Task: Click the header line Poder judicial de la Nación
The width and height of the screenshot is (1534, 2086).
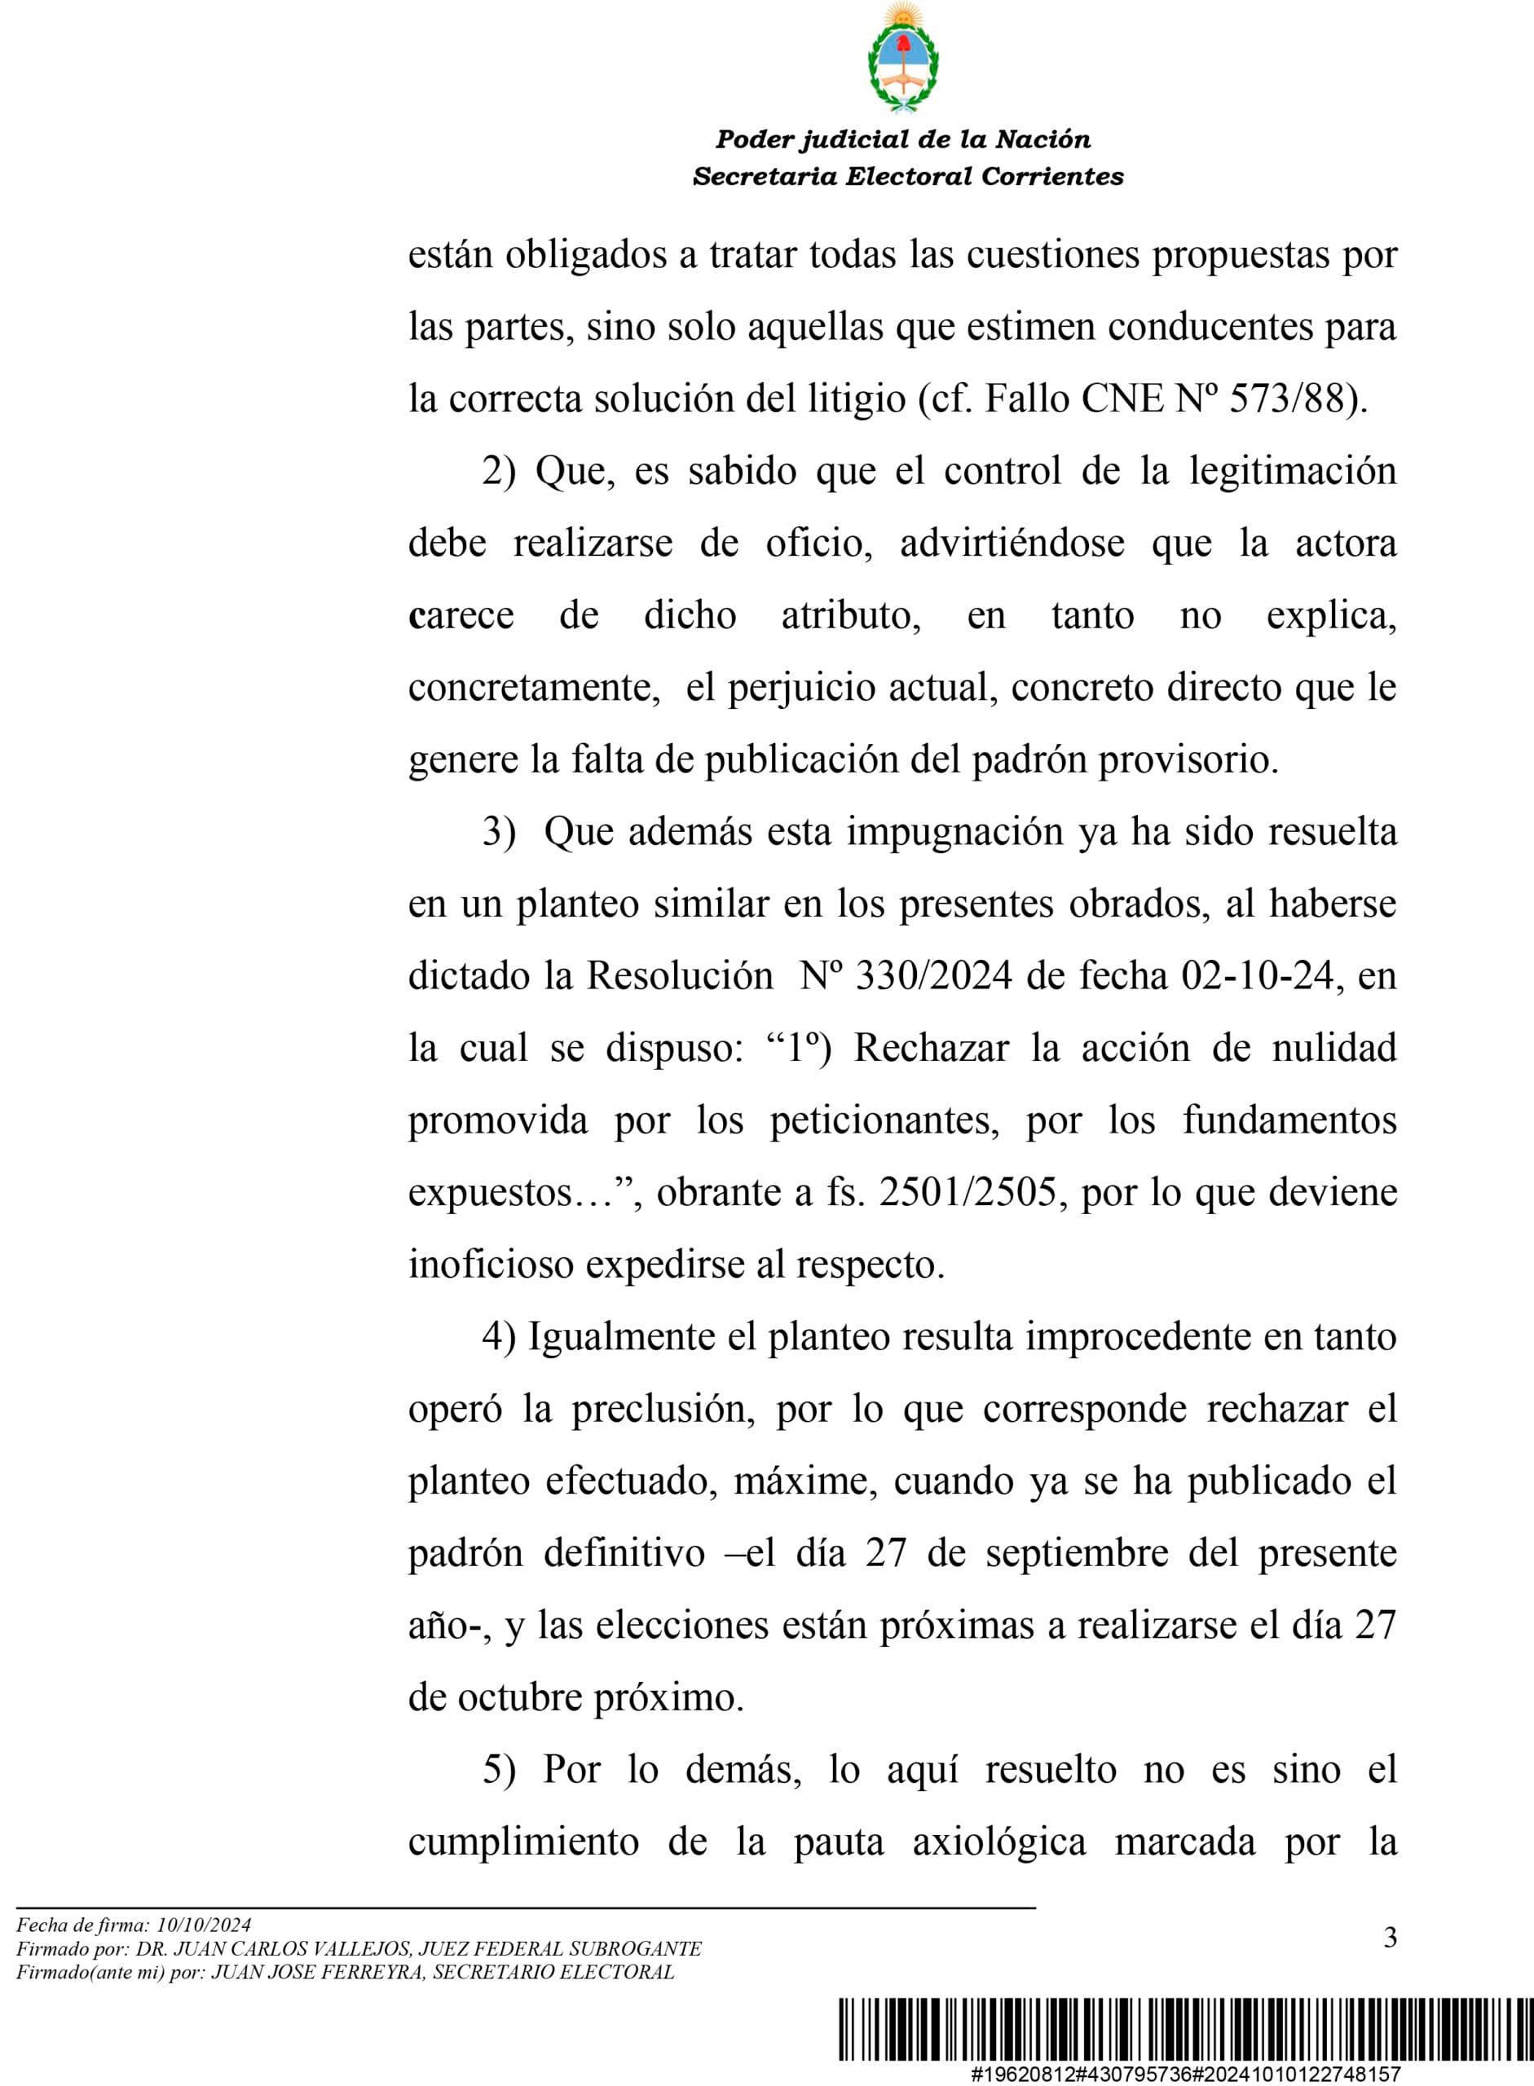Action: click(902, 139)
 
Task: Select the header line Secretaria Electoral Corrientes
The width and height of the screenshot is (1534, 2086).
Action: click(907, 176)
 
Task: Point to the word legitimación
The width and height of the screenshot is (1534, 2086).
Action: click(1293, 471)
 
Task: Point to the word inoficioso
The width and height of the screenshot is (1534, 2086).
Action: click(491, 1265)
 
